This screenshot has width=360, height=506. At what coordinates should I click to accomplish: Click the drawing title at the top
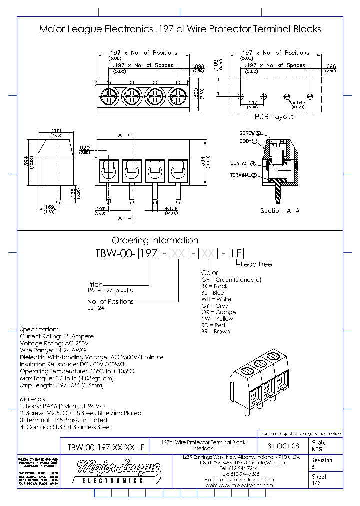[180, 29]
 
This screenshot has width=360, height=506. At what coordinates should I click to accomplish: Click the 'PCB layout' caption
[274, 116]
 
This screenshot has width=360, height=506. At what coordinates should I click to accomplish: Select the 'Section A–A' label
[280, 211]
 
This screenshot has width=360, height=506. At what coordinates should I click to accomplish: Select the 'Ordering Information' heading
[155, 240]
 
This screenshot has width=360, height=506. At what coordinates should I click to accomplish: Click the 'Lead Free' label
[257, 264]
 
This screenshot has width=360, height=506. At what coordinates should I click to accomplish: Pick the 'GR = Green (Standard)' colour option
[231, 280]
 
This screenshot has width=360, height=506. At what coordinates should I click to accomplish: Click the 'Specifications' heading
[39, 329]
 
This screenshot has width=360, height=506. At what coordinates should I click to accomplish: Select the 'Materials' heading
[32, 399]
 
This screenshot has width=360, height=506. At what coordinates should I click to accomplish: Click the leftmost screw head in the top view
[109, 95]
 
